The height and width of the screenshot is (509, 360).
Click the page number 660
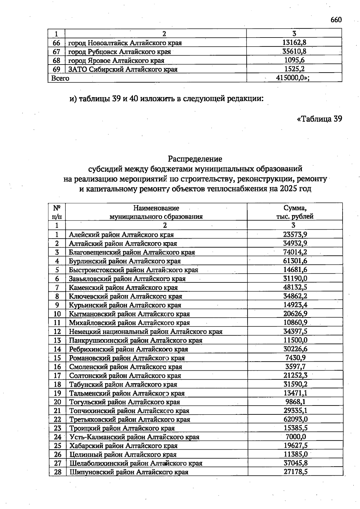(x=336, y=20)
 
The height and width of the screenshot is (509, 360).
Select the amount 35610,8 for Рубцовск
(x=294, y=52)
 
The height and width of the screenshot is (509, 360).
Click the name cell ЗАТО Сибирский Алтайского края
(x=123, y=69)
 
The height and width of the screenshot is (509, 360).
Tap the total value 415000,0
(x=292, y=78)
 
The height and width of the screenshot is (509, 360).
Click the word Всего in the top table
(x=60, y=78)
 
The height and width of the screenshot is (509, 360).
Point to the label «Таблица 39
(x=319, y=119)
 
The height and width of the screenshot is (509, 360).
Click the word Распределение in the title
(x=195, y=158)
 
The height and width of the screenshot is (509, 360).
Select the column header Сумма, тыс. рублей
(x=295, y=212)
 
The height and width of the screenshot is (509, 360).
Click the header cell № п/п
(x=57, y=212)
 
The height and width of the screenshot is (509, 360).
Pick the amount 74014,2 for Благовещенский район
(x=295, y=252)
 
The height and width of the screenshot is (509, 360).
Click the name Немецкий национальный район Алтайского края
(x=146, y=332)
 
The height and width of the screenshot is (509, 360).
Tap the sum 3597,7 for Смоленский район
(x=295, y=366)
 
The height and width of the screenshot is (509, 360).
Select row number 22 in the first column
(x=57, y=419)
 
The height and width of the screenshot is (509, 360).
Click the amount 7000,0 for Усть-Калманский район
(x=295, y=437)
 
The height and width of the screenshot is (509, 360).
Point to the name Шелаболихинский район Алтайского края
(x=136, y=463)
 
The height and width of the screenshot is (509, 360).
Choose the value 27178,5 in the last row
(x=295, y=472)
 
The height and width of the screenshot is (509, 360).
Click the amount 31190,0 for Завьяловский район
(x=295, y=279)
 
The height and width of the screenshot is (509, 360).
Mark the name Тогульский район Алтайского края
(x=124, y=402)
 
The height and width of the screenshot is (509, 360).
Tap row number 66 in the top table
(x=56, y=43)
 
